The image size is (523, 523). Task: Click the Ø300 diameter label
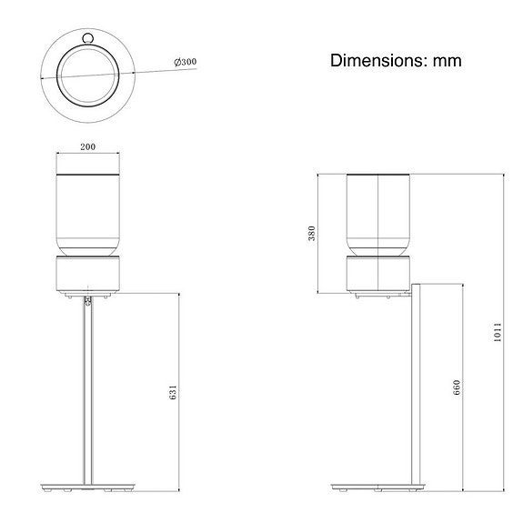[186, 62]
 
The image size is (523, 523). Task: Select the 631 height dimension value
[174, 391]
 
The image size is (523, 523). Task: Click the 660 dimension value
[458, 388]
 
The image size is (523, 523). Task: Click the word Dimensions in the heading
[376, 61]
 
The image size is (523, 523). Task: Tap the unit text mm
[447, 61]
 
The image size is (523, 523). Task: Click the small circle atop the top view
[87, 38]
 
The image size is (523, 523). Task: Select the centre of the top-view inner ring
[87, 74]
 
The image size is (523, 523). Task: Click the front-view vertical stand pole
[87, 391]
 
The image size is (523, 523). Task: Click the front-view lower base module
[87, 275]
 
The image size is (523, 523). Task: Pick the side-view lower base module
[377, 275]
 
